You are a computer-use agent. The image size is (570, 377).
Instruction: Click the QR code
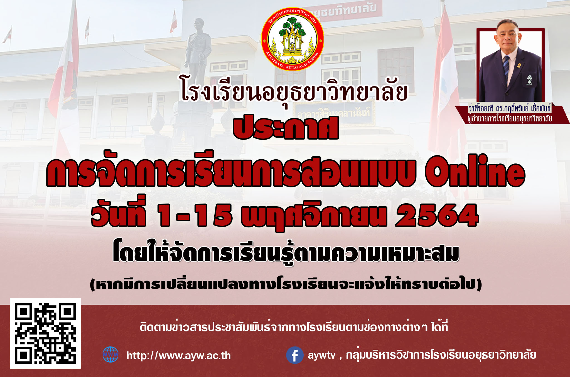click(45, 333)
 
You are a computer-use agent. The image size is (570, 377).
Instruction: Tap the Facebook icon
click(295, 355)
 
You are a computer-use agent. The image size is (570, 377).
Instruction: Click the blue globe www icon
click(110, 354)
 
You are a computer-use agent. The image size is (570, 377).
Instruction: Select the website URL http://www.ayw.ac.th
click(179, 356)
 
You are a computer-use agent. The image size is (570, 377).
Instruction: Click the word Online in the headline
click(475, 172)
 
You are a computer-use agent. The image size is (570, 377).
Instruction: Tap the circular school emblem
click(293, 39)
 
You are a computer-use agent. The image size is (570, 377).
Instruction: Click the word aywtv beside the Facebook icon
click(321, 355)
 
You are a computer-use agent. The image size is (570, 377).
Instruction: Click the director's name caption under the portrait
click(510, 108)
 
